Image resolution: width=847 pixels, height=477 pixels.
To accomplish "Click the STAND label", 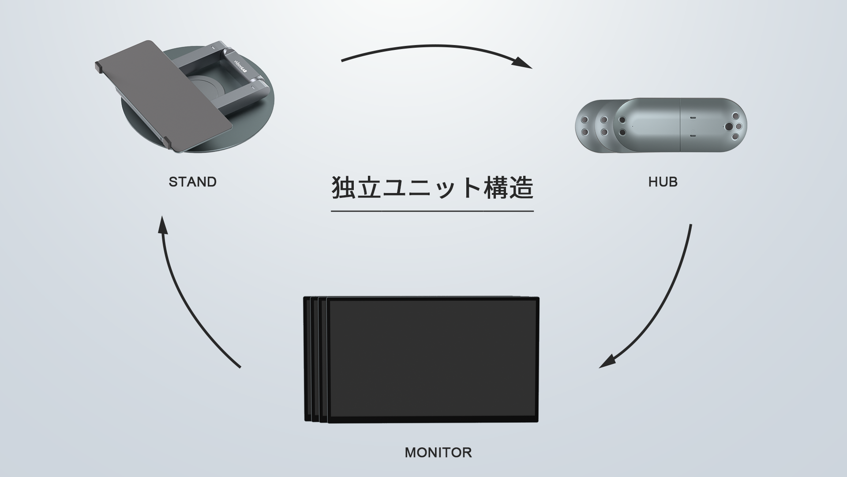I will pyautogui.click(x=192, y=182).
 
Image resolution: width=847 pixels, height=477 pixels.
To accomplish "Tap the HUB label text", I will pyautogui.click(x=663, y=182).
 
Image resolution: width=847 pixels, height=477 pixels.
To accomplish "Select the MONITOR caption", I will pyautogui.click(x=438, y=453).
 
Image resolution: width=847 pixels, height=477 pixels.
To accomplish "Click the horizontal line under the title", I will pyautogui.click(x=432, y=211).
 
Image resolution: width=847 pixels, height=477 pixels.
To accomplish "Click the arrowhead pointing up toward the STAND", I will pyautogui.click(x=163, y=225).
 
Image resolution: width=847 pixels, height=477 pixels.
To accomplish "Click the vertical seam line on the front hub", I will pyautogui.click(x=681, y=126).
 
